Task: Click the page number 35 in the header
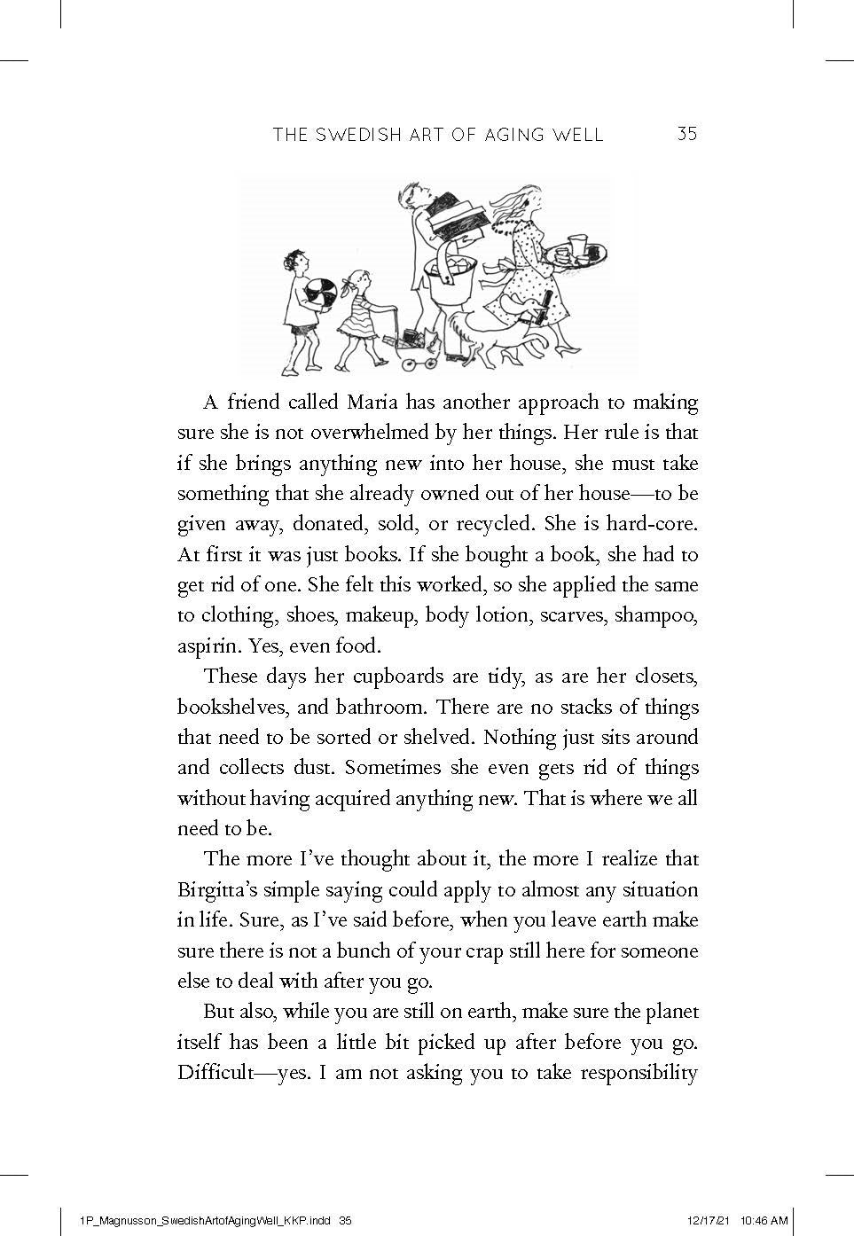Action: (687, 134)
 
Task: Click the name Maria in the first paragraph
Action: (372, 403)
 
